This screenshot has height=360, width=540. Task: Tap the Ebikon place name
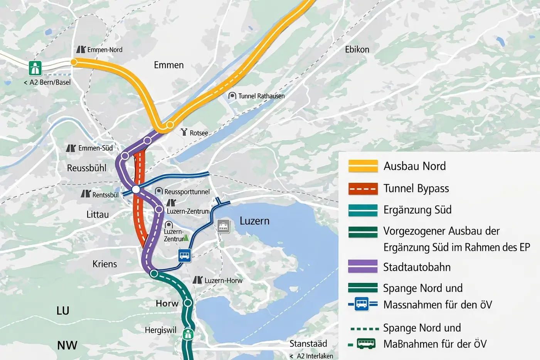coord(357,49)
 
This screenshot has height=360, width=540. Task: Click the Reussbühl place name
coord(87,168)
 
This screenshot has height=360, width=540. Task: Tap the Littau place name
coord(98,214)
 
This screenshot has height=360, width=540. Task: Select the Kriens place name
coord(104,264)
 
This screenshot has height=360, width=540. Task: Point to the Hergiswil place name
coord(160,330)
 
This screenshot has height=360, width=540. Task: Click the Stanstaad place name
coord(308,343)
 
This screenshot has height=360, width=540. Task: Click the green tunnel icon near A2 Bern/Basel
coord(35,68)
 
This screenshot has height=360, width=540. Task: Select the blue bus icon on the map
coord(185,256)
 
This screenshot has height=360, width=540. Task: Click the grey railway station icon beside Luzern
coord(223,226)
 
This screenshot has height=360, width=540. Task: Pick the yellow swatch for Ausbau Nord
coord(363,166)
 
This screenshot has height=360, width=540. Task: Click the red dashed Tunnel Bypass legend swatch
coord(363,188)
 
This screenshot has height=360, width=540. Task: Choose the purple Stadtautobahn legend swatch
coord(363,267)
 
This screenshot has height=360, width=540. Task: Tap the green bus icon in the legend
coord(366,343)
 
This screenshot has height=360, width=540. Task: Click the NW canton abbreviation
coord(67,345)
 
